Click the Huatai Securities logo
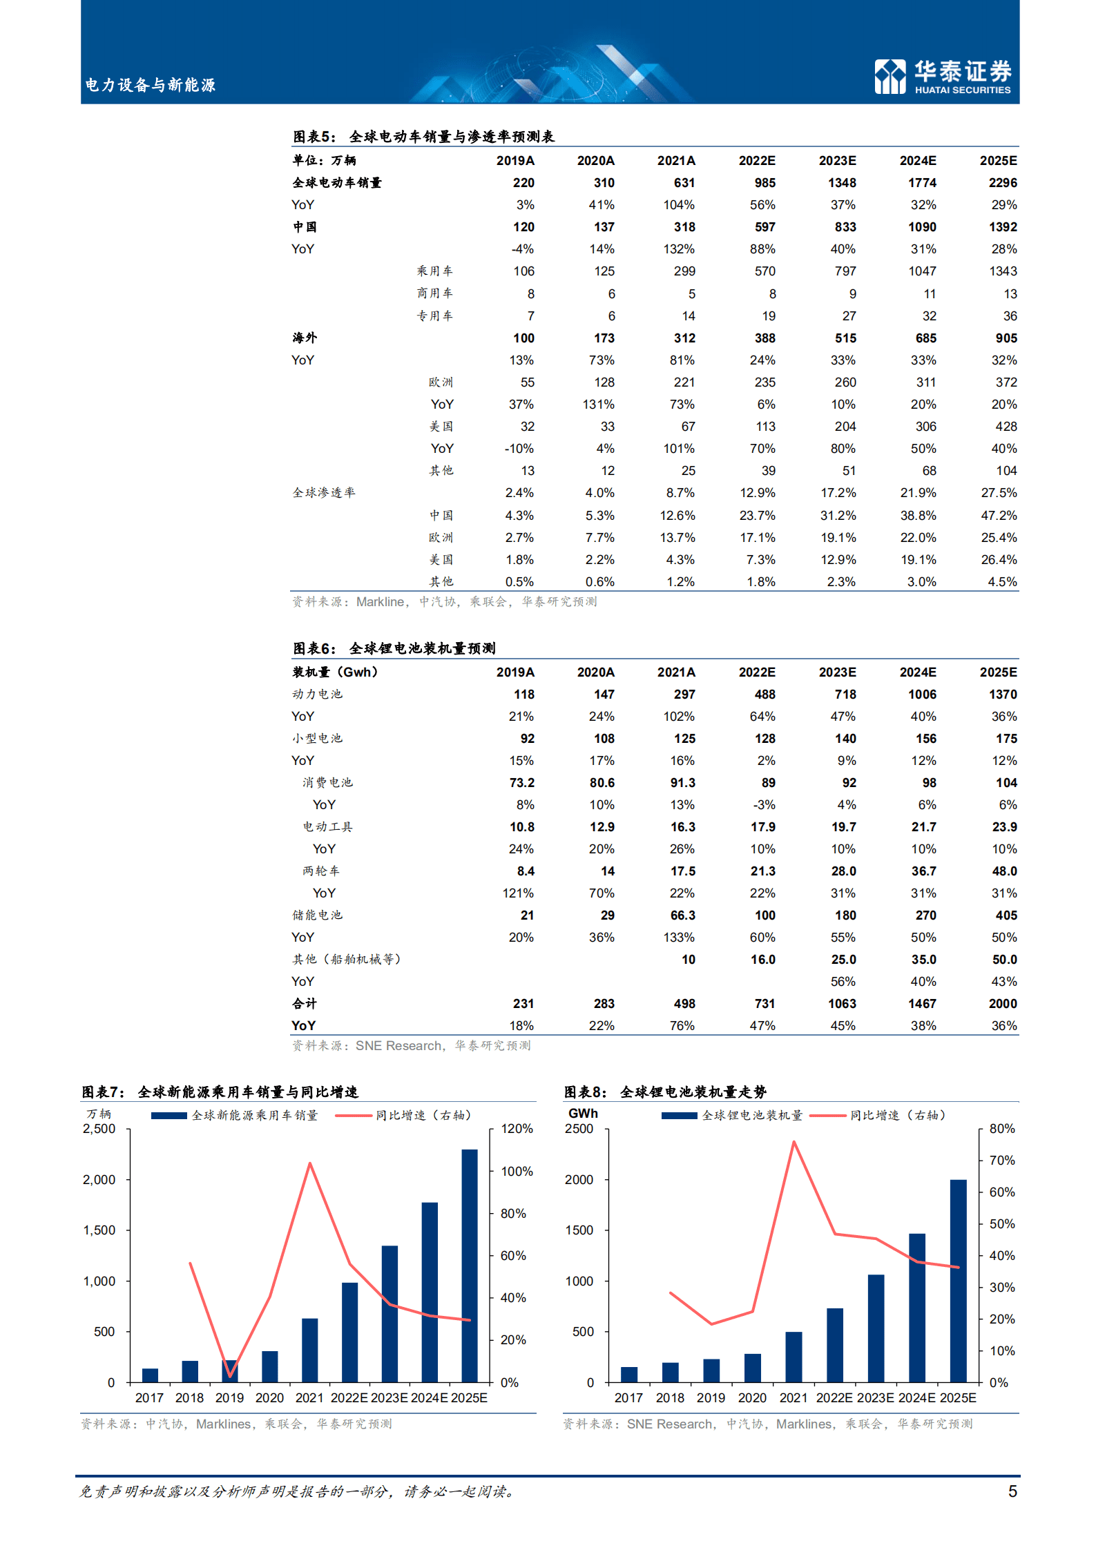(x=943, y=76)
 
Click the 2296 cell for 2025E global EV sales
(x=1002, y=183)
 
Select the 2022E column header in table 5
(x=756, y=161)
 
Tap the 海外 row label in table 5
(x=305, y=338)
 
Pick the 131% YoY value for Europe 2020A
(x=598, y=405)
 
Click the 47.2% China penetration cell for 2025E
(x=999, y=516)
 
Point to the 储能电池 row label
(x=317, y=916)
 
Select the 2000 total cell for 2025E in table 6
(x=1002, y=1004)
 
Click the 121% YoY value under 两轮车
(x=518, y=893)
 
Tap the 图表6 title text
(x=394, y=648)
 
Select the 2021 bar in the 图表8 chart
(x=794, y=1357)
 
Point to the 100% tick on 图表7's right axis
(x=517, y=1172)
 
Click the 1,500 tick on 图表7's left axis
(x=99, y=1230)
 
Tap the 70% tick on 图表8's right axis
(x=1001, y=1161)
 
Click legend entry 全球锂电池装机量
(x=751, y=1116)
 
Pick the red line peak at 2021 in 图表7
(x=310, y=1163)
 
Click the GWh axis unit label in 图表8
(x=583, y=1114)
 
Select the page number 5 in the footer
(x=1012, y=1491)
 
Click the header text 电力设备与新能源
(x=150, y=85)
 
